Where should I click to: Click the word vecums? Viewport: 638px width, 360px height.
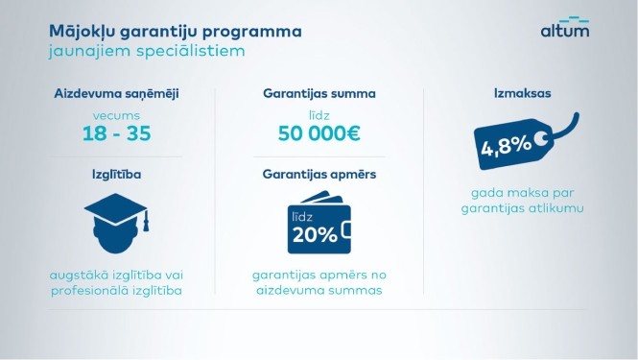(x=115, y=114)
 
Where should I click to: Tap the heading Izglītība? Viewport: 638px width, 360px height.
(x=115, y=176)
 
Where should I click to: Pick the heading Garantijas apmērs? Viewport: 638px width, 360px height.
(x=319, y=176)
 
